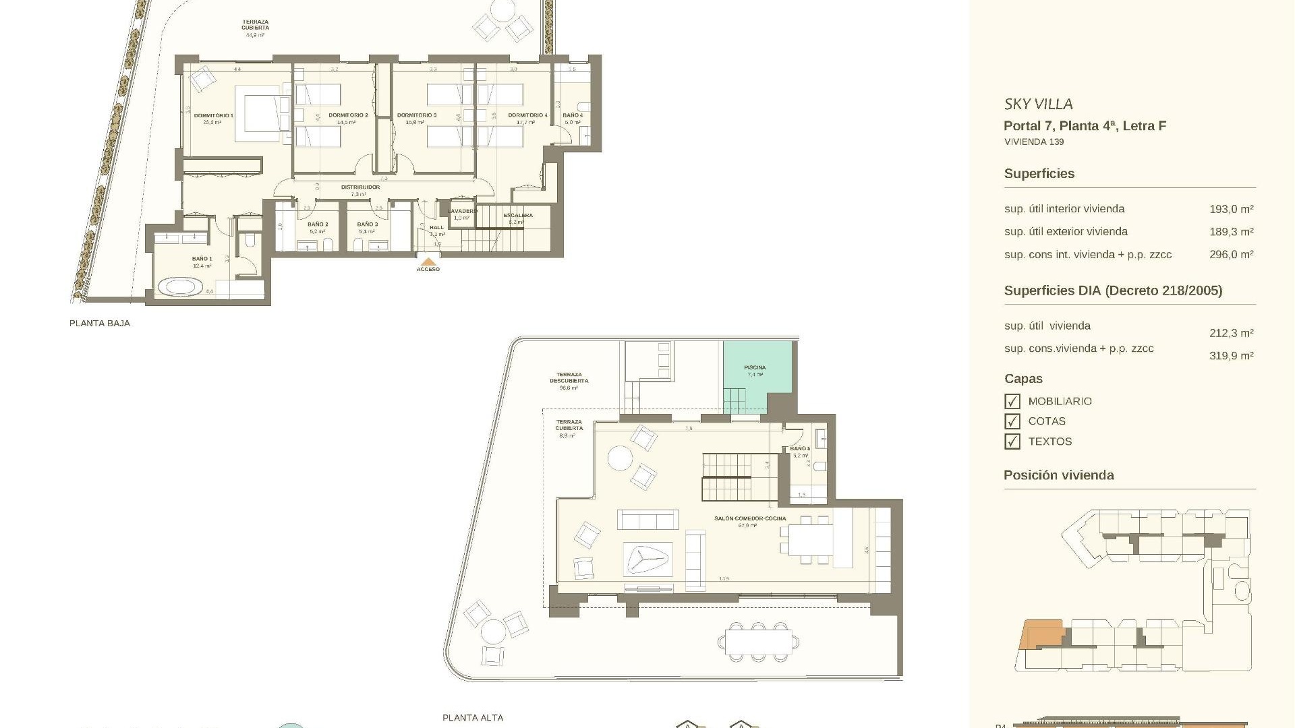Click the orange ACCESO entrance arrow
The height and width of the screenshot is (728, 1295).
(x=428, y=262)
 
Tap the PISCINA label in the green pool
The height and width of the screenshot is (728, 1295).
(x=755, y=367)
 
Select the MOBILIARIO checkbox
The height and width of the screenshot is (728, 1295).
(x=1012, y=402)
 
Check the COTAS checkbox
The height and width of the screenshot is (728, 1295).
(x=1012, y=421)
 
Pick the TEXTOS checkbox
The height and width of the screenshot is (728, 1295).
(x=1012, y=442)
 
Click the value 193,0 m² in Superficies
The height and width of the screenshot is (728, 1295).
(x=1231, y=210)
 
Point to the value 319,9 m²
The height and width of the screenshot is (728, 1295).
(x=1231, y=356)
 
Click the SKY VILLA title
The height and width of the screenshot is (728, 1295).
(x=1038, y=104)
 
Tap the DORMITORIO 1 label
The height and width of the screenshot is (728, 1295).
(x=213, y=116)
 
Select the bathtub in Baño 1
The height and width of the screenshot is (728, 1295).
(x=180, y=288)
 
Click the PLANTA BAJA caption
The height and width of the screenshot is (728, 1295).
(x=100, y=324)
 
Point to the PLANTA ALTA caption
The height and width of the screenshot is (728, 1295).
(x=473, y=718)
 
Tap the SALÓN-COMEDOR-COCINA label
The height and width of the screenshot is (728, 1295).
(x=750, y=518)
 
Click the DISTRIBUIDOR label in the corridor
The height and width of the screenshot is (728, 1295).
(x=360, y=187)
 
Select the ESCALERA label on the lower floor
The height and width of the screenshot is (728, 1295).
(x=518, y=216)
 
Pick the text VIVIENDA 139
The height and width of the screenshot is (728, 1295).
(x=1034, y=142)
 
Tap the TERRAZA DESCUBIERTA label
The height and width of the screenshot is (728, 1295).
(x=569, y=377)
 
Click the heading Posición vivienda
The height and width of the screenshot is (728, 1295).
(x=1058, y=475)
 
